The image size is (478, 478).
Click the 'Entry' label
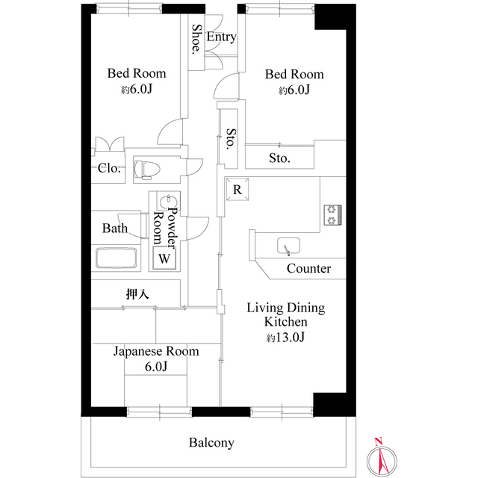[221, 37]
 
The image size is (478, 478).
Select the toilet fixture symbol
[146, 169]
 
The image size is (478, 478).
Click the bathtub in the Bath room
[117, 259]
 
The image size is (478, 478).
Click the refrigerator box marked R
[237, 190]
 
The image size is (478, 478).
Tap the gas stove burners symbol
[331, 214]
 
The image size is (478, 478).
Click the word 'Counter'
[308, 269]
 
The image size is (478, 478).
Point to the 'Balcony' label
[211, 443]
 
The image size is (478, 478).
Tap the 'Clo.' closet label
[109, 168]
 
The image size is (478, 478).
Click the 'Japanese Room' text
[156, 351]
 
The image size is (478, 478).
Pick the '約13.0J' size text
[286, 338]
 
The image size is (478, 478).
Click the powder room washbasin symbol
[168, 204]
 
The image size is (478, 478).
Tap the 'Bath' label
[115, 229]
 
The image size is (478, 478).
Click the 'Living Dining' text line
[286, 308]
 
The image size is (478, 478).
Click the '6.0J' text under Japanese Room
[156, 367]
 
